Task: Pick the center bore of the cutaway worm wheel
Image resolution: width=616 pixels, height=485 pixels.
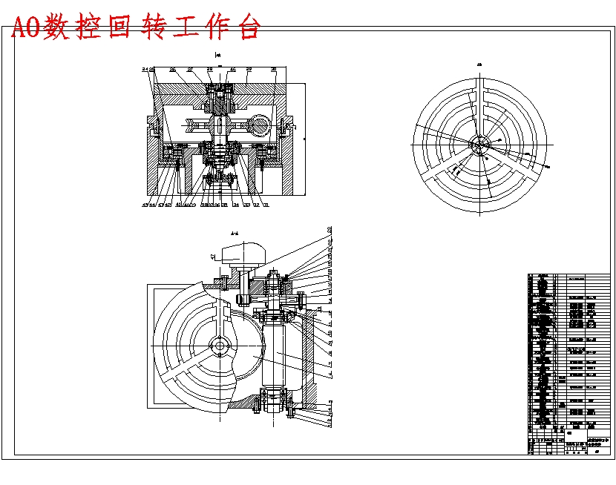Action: coord(220,346)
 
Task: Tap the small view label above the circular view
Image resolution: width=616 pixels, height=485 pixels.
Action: coord(479,65)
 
